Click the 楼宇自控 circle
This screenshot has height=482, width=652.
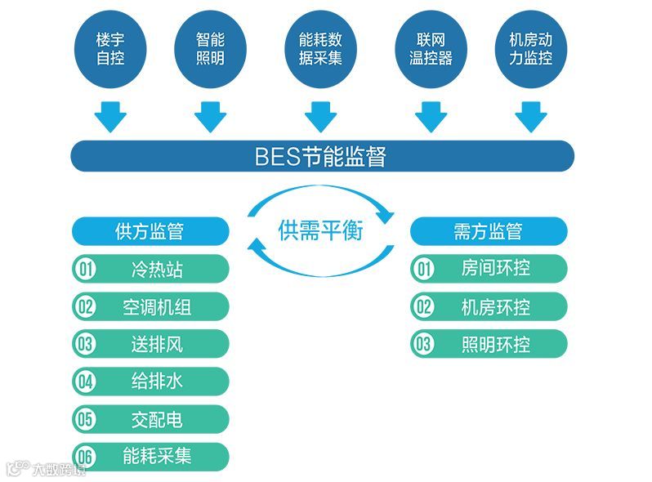(x=110, y=49)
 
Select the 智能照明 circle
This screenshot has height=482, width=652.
(x=210, y=49)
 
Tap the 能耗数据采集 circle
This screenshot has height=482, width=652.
(x=320, y=49)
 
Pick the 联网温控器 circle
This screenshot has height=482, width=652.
(x=431, y=49)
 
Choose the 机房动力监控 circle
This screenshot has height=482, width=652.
(x=530, y=49)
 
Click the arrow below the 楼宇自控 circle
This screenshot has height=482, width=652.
(x=110, y=116)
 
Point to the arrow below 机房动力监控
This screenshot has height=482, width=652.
(x=530, y=116)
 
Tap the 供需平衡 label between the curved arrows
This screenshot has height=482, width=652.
(x=320, y=230)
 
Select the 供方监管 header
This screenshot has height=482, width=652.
(x=150, y=231)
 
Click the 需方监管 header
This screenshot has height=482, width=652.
(x=488, y=231)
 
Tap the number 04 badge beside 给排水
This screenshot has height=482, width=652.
(x=85, y=382)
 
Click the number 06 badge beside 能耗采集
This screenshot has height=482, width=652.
(x=85, y=457)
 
